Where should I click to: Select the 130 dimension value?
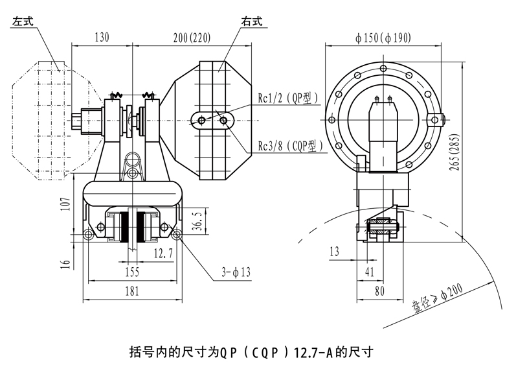coord(102,37)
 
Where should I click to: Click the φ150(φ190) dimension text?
coord(383,38)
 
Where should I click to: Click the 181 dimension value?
coord(131,291)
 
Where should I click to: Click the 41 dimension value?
coord(368,271)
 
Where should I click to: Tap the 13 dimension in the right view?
coord(334,251)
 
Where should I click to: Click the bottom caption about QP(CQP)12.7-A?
coord(252,353)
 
